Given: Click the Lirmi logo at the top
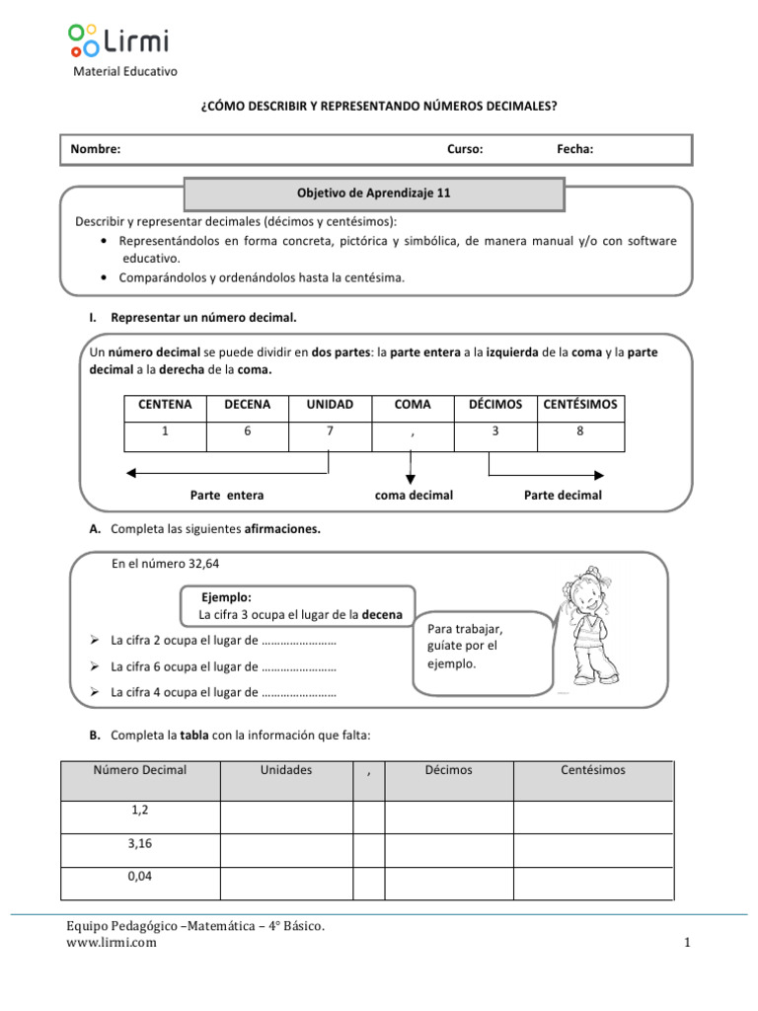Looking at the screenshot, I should (x=118, y=41).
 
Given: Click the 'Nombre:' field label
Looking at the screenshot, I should (x=96, y=149).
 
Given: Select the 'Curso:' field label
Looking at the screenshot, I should (x=465, y=149).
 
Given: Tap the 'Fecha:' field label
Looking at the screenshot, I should (x=574, y=149).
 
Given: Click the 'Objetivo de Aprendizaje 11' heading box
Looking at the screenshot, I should (x=374, y=194).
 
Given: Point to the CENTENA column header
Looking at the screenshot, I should (x=165, y=404).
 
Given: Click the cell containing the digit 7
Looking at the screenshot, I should (x=329, y=430).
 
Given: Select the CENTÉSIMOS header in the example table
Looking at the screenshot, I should (x=580, y=404).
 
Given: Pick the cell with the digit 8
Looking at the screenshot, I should (x=580, y=430).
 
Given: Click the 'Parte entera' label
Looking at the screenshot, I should (x=227, y=495).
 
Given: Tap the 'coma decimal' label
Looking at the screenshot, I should (x=414, y=495).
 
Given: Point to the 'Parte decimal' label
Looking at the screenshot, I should (x=562, y=495).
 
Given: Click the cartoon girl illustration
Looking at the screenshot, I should (x=593, y=626).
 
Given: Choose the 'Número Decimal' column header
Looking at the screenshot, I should (x=140, y=770).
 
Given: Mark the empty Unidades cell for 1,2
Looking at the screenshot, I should (x=286, y=817).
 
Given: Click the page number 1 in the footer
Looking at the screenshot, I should (x=686, y=944).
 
